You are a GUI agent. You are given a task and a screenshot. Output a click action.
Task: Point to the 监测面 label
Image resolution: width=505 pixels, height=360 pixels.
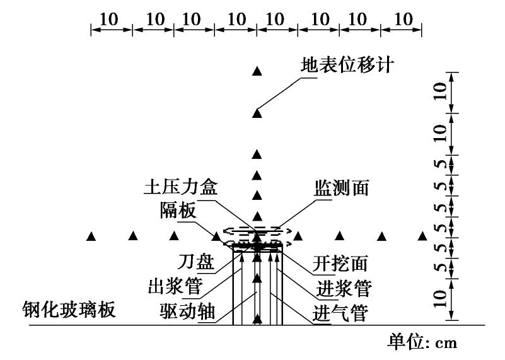tap(341, 188)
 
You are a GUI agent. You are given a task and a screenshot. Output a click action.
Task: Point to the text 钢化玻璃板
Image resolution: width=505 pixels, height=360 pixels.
tap(61, 310)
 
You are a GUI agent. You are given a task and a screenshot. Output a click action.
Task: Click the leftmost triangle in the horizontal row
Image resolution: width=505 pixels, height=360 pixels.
tap(91, 236)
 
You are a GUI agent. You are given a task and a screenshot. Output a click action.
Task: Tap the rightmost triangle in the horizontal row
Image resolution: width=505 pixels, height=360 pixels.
tap(422, 236)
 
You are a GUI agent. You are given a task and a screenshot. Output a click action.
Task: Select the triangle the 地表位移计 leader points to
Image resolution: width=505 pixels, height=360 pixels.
tap(257, 113)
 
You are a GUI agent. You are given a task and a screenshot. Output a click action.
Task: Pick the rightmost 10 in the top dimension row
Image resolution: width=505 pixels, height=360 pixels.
tap(402, 20)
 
